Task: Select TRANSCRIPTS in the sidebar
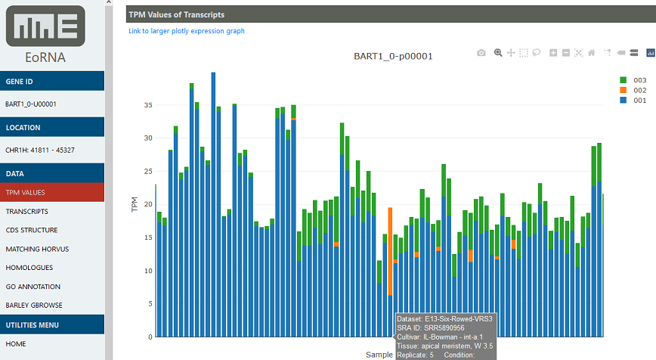point(26,212)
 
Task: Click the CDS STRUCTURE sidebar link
point(31,231)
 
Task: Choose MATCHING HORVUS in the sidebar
point(33,249)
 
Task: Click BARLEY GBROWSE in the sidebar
point(33,306)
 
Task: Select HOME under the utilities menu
point(15,343)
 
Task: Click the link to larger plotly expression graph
point(187,31)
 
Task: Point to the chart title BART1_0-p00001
point(393,56)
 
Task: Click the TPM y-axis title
point(135,204)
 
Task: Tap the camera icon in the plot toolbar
point(481,53)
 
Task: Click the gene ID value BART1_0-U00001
point(31,104)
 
